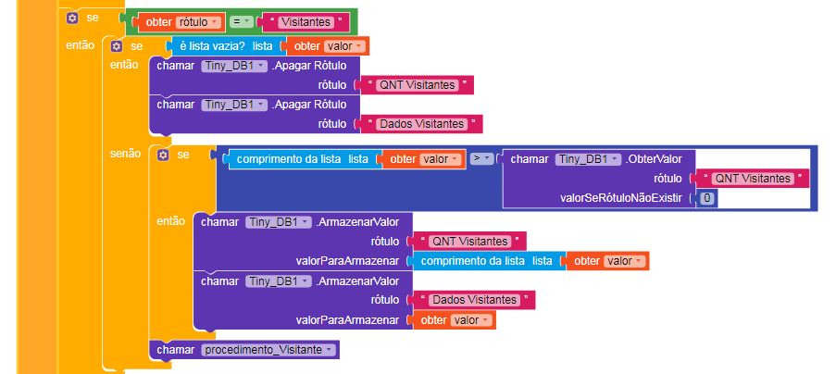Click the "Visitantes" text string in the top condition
305,21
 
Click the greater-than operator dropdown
480,159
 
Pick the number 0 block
706,198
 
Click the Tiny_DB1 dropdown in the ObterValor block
587,159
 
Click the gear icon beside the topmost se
70,19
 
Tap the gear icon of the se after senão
163,155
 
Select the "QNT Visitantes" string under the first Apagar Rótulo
418,85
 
